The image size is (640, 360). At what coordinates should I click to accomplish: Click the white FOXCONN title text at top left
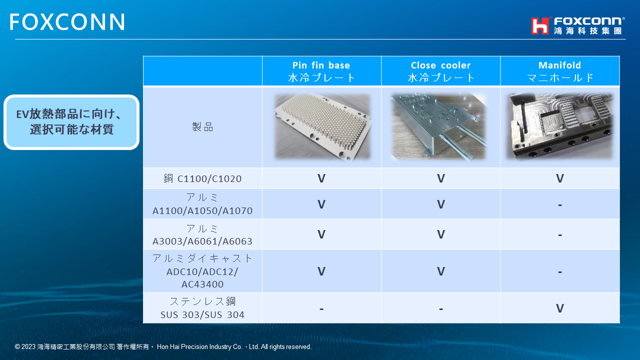67,21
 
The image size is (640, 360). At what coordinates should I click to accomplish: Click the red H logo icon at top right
539,25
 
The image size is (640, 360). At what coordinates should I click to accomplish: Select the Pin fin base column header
321,71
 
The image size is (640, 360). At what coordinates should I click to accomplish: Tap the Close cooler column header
440,71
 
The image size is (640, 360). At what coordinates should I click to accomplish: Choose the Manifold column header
559,71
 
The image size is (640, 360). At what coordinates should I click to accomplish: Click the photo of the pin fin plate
322,126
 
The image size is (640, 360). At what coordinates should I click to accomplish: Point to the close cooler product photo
438,126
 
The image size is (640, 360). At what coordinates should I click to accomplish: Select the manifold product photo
559,126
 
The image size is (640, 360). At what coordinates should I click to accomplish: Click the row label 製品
202,126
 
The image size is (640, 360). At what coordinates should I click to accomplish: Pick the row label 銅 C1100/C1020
202,178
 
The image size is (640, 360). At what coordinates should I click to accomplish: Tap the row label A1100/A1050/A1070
202,210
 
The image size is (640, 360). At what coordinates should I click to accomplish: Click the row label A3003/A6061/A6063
202,241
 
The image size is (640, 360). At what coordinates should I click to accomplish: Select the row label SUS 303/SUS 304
202,314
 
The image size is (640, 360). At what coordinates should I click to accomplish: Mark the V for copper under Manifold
559,178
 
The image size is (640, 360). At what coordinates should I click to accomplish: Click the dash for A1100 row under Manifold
560,205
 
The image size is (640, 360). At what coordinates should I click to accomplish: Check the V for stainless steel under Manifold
559,308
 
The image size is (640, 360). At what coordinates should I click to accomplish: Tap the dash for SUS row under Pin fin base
321,309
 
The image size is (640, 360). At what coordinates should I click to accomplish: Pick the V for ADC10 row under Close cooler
441,271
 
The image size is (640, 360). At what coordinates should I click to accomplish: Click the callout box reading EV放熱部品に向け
71,122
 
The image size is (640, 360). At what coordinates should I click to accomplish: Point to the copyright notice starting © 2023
163,346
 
